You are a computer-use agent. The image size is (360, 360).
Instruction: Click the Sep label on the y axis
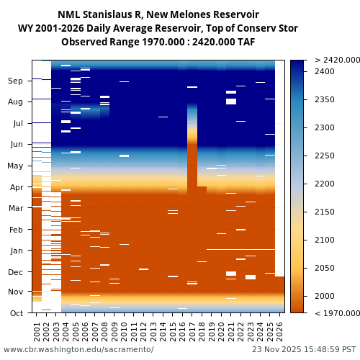[x=15, y=81]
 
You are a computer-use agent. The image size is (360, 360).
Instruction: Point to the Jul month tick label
[x=17, y=123]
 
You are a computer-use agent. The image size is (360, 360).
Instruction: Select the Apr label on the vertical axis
[x=16, y=187]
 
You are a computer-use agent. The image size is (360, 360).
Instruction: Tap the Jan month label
[x=16, y=251]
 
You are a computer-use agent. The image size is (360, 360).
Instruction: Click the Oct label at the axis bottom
[x=16, y=313]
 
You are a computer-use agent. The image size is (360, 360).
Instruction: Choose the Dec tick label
[x=15, y=272]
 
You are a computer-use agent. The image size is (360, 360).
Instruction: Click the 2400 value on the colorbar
[x=325, y=71]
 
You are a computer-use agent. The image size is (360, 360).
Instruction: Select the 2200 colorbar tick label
[x=325, y=184]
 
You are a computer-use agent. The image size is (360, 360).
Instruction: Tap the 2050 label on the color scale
[x=325, y=268]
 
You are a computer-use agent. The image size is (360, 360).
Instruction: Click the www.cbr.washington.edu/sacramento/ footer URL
[x=78, y=349]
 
